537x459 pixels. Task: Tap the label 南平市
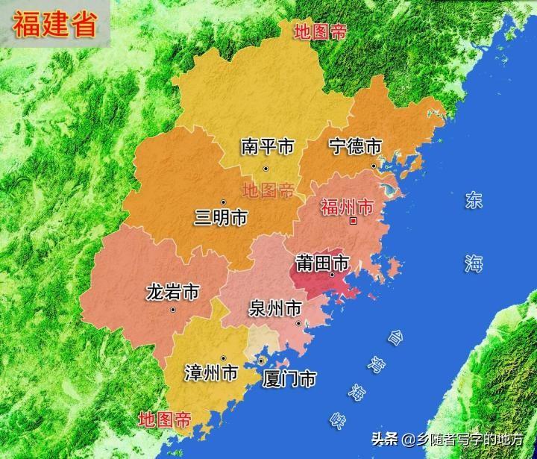[x=266, y=146]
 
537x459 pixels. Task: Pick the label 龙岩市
[x=172, y=291]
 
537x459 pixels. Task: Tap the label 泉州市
[x=275, y=307]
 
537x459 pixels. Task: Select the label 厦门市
[x=289, y=378]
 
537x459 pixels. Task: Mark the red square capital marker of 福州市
[x=354, y=221]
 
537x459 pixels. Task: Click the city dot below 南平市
[x=265, y=168]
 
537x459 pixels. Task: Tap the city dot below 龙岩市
[x=172, y=309]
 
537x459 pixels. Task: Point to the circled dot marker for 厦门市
[x=260, y=361]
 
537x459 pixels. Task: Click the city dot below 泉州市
[x=298, y=323]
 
